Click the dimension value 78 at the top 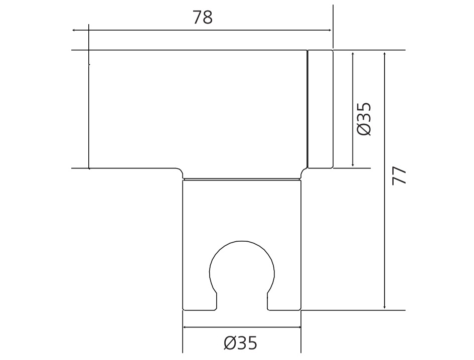[x=203, y=18]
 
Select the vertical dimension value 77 [x=400, y=175]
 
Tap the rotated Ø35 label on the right [x=365, y=119]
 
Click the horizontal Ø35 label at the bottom [x=240, y=343]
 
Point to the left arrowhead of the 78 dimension [x=74, y=31]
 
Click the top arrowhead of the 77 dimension [x=385, y=53]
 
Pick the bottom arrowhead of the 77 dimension [x=385, y=307]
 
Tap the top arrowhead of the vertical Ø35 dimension [x=353, y=53]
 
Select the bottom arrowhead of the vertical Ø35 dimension [x=353, y=165]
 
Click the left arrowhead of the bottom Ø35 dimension [x=185, y=327]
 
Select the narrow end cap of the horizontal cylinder [x=320, y=109]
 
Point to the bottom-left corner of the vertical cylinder [x=183, y=310]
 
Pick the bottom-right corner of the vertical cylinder [x=300, y=310]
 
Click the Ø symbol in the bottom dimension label [x=230, y=343]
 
